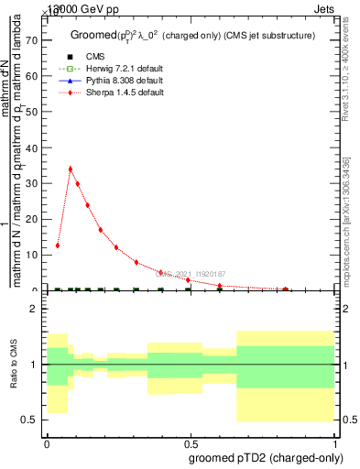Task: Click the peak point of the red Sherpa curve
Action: click(x=71, y=169)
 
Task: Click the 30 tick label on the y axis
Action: click(x=36, y=183)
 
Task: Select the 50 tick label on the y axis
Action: click(x=36, y=112)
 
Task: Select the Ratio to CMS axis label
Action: click(x=15, y=365)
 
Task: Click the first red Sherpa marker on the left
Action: click(x=57, y=245)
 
